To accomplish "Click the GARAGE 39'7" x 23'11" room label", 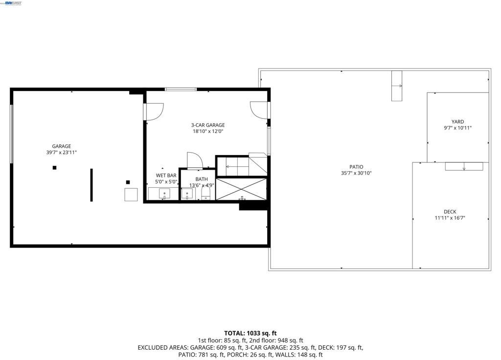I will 62,149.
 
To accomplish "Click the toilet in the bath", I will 205,195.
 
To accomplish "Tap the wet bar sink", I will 164,194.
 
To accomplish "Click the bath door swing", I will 194,160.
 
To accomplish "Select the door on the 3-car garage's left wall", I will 154,112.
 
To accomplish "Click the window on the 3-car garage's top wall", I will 181,89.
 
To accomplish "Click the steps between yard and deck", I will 463,166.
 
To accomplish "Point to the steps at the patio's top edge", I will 396,86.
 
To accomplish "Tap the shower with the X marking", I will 241,189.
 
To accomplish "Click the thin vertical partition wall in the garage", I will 91,185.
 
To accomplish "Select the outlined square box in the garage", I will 131,194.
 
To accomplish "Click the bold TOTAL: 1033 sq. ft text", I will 250,333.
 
